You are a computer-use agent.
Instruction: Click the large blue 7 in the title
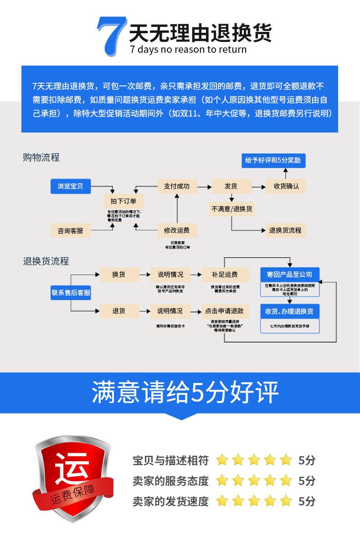point(111,36)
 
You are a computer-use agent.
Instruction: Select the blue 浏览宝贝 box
point(71,186)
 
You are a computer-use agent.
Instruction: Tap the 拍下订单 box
point(124,201)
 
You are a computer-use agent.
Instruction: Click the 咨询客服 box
point(71,230)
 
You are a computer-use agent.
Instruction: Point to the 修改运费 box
point(177,230)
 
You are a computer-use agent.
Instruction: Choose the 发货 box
point(231,186)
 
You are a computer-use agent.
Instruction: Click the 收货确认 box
point(286,186)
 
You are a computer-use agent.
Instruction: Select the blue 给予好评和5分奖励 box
point(273,161)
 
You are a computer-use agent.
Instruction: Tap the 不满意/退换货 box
point(231,209)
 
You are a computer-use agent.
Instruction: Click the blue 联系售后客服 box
point(71,293)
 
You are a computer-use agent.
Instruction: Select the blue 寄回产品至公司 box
point(289,275)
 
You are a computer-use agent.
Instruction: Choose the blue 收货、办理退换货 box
point(289,311)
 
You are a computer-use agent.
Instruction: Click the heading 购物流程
point(41,158)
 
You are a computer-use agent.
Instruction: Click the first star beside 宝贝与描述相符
point(222,460)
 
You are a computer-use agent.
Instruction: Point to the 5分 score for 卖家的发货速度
point(307,501)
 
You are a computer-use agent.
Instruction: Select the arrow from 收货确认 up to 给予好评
point(286,173)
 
